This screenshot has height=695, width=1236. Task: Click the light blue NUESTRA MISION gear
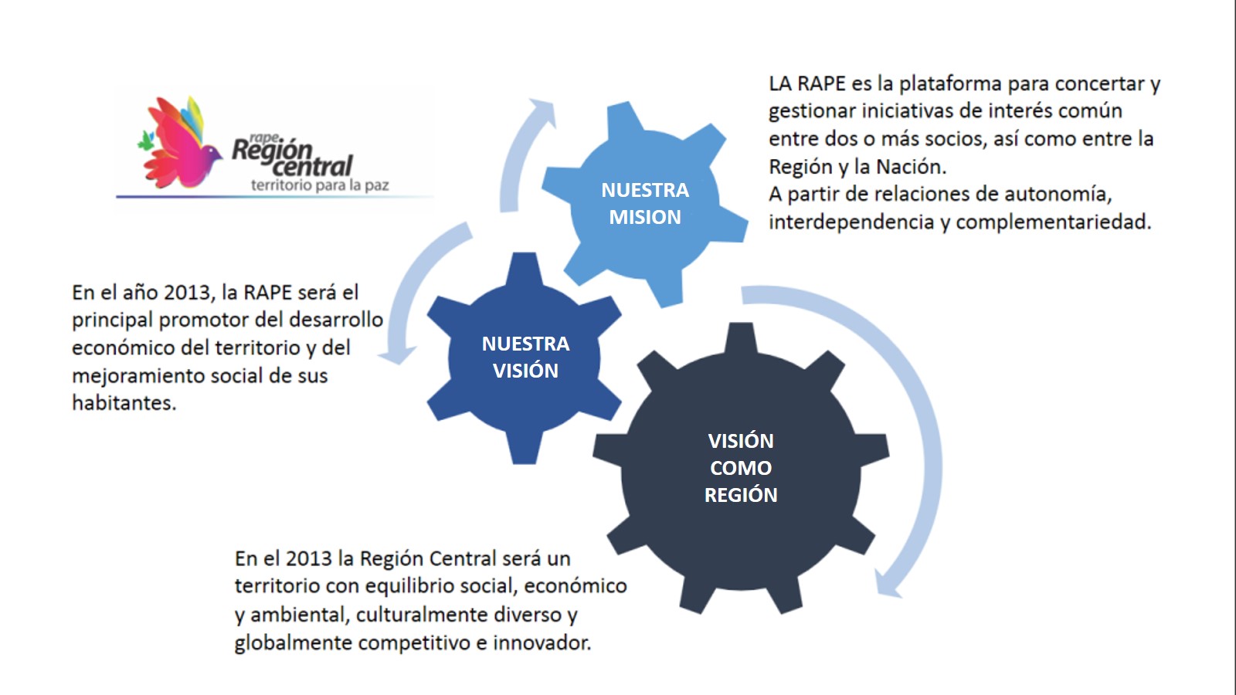pos(645,204)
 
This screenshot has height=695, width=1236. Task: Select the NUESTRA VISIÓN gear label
pos(525,357)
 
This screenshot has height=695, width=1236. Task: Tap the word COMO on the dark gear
pos(741,468)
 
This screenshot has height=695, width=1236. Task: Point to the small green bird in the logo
pos(145,141)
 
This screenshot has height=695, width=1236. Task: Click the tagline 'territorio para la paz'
pos(320,185)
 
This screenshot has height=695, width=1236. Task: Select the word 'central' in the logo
pos(313,164)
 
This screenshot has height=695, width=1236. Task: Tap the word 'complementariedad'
pos(1053,222)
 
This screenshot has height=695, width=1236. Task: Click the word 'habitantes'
pos(124,403)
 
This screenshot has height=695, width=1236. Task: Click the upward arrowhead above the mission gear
pos(541,110)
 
